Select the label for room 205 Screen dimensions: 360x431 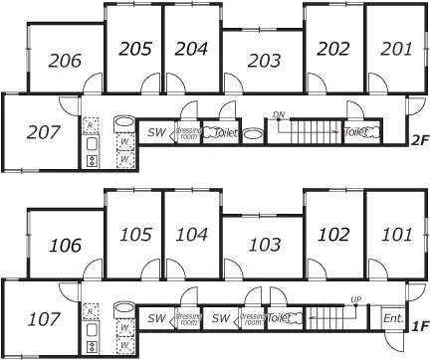134,48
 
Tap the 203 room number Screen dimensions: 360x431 263,61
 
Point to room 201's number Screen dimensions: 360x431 395,48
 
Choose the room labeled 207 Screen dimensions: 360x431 39,131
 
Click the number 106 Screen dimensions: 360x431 65,246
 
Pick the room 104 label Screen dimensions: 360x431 191,235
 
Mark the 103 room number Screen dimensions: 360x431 263,246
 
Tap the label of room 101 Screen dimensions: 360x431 395,235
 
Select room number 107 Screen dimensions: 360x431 39,319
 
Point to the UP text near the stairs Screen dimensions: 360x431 355,299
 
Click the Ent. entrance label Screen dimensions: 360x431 393,318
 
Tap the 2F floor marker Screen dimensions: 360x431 418,140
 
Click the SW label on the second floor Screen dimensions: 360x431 156,131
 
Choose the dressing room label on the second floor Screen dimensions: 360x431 188,131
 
